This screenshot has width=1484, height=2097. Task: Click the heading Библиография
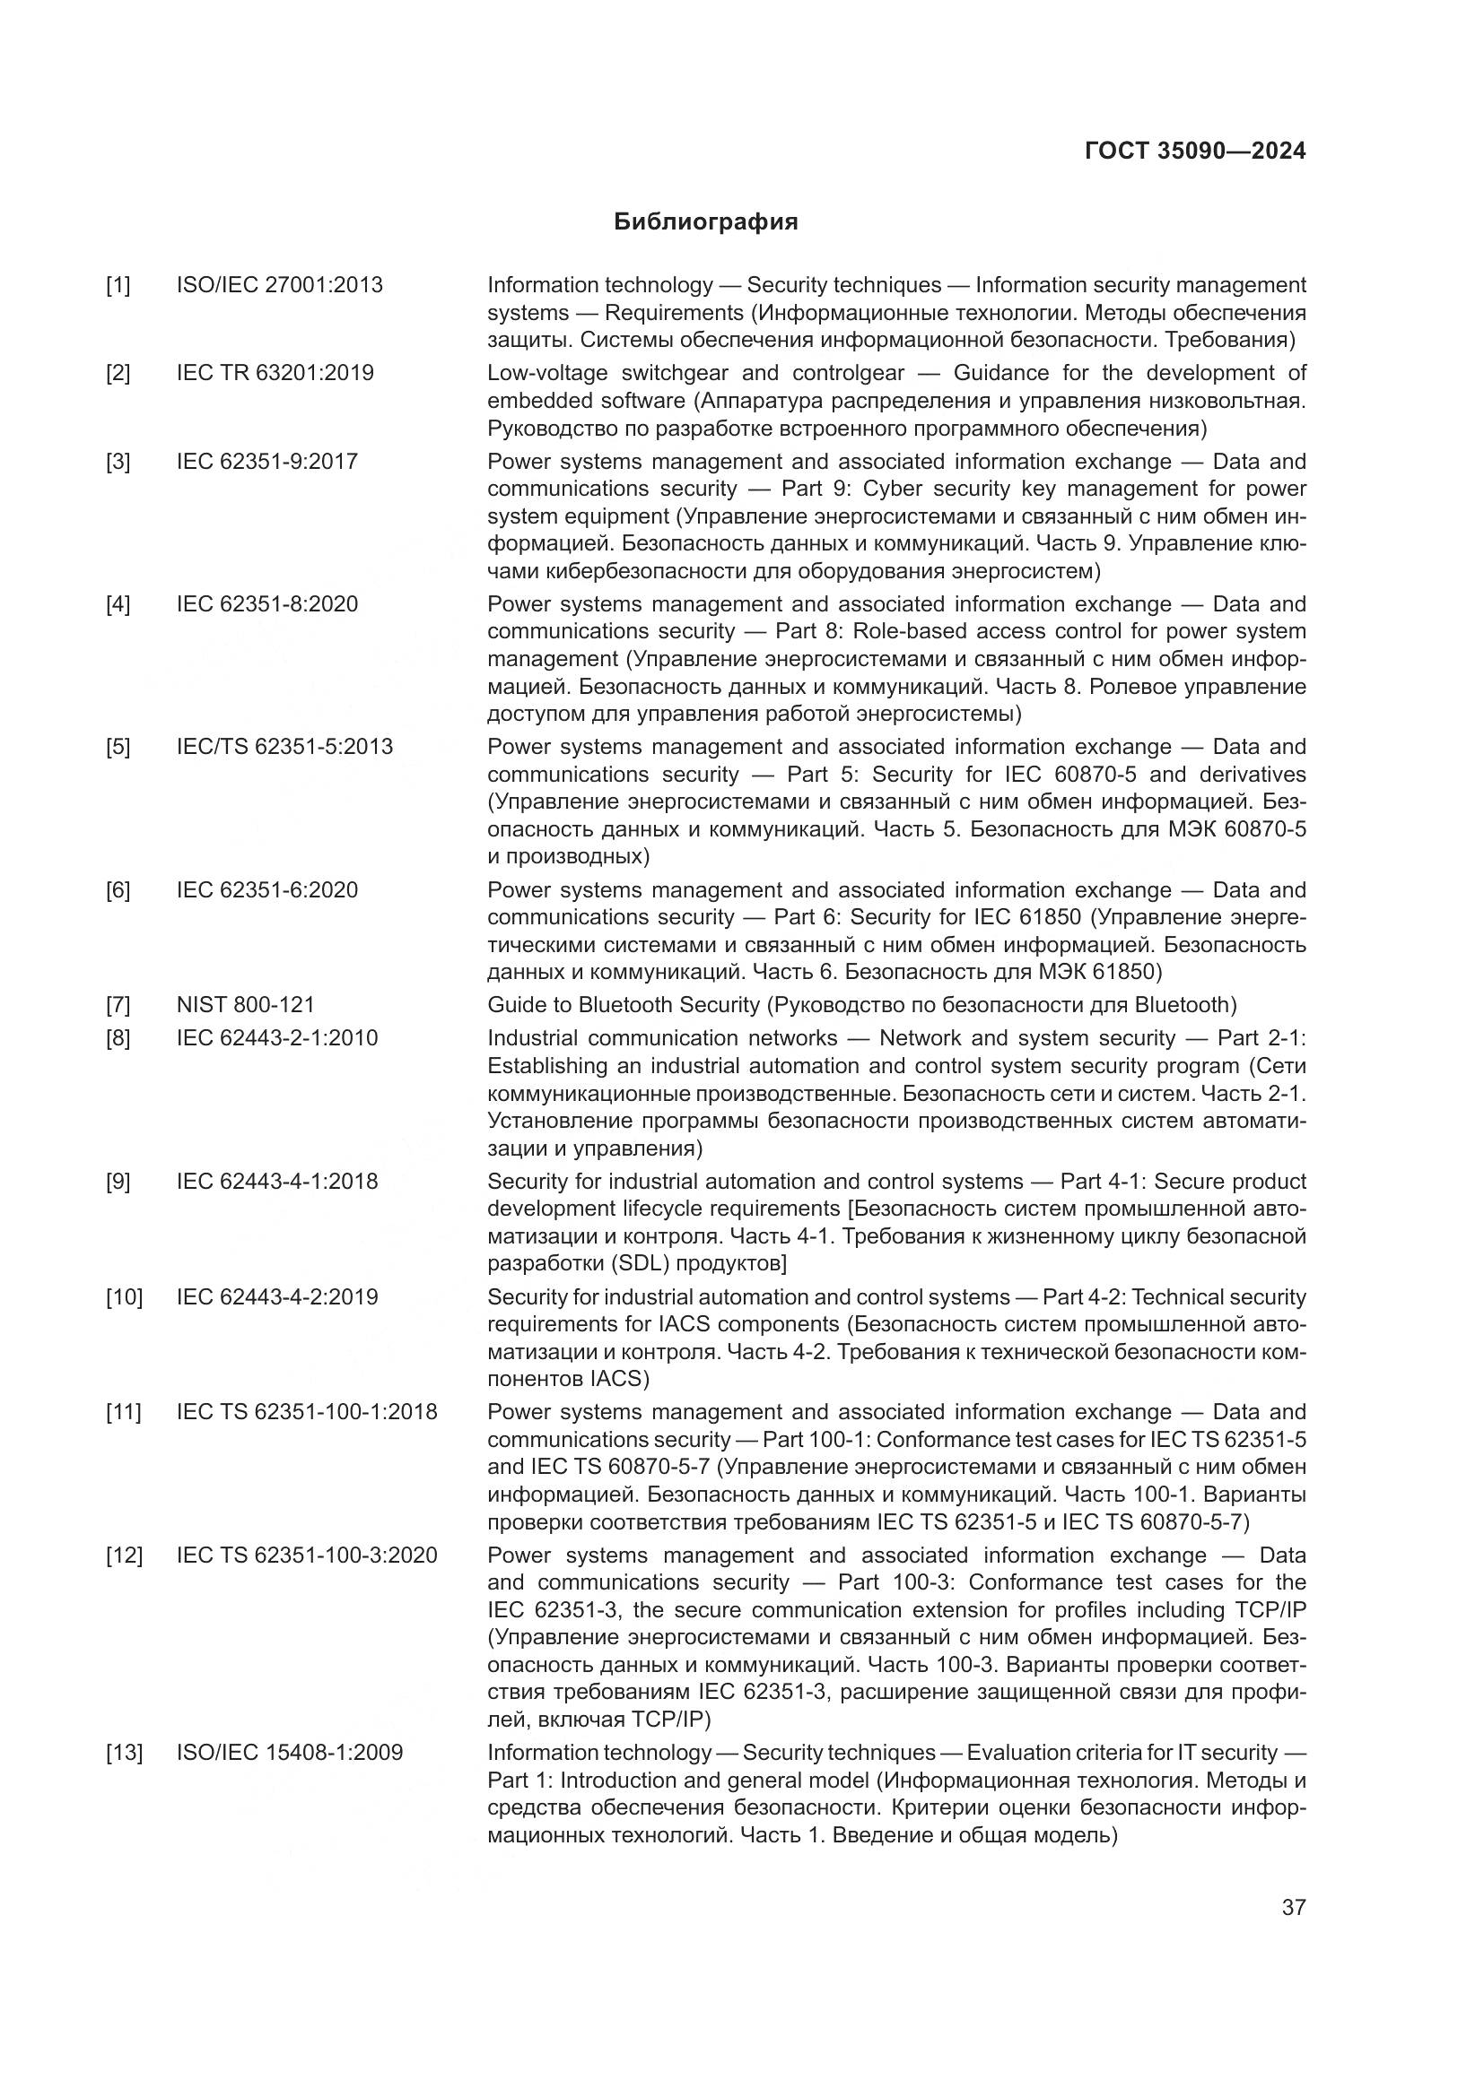[705, 222]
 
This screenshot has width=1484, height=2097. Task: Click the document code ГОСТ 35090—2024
[1194, 152]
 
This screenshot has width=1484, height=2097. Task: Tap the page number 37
[1293, 1907]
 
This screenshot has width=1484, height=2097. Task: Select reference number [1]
[118, 286]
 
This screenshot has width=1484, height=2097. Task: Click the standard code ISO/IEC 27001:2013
[280, 285]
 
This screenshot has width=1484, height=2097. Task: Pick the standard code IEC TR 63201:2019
[275, 373]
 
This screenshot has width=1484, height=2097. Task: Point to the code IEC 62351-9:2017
[266, 461]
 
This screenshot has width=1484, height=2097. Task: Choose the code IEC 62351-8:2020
[266, 603]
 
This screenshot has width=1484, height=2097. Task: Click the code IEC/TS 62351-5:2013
[284, 746]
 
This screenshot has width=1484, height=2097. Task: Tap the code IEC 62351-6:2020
[266, 889]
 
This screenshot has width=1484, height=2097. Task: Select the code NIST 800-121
[245, 1005]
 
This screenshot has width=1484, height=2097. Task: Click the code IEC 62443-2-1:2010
[277, 1037]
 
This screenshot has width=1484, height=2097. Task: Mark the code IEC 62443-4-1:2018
[277, 1181]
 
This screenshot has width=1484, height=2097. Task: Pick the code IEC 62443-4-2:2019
[277, 1297]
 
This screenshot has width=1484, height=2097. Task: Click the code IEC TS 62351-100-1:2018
[307, 1412]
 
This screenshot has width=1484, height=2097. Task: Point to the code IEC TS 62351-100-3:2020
[307, 1555]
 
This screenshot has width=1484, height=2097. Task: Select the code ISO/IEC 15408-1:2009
[290, 1753]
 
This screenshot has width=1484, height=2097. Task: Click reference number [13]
[123, 1753]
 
